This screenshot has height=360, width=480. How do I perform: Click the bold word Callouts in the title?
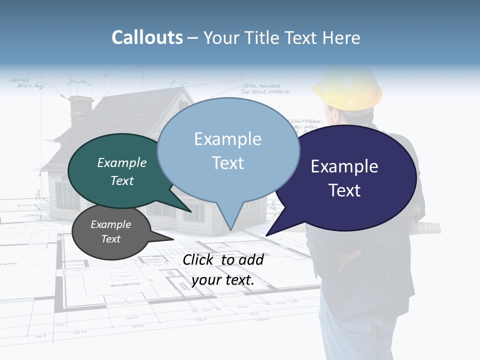(147, 37)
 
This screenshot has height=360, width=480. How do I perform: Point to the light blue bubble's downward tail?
(230, 220)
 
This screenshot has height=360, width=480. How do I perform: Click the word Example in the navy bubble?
(344, 166)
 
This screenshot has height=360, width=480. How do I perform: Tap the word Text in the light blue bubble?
(228, 163)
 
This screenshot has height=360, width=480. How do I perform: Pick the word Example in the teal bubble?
(122, 162)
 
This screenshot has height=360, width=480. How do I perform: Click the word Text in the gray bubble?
(111, 239)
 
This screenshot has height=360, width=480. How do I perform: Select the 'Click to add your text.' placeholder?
(223, 270)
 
